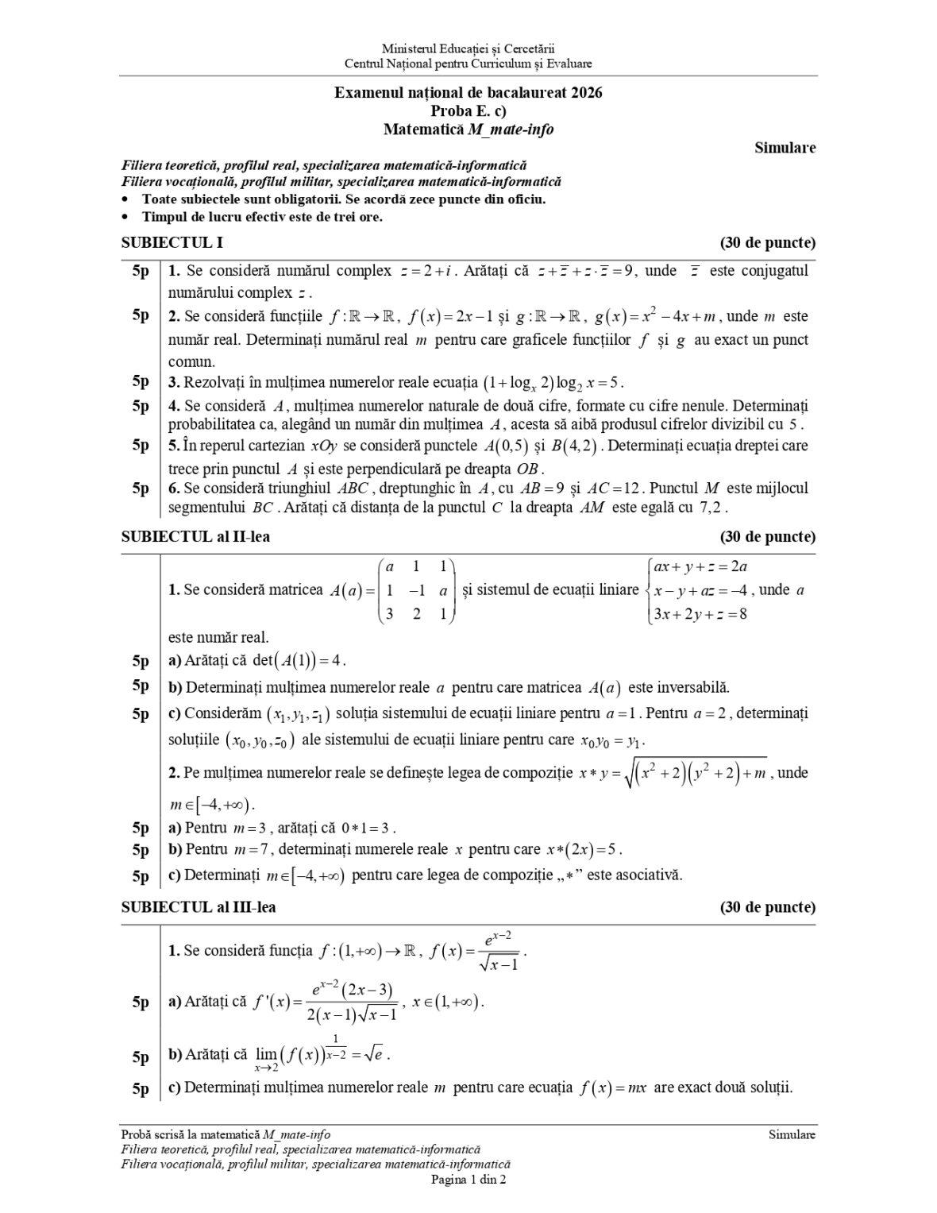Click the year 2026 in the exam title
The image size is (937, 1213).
[585, 93]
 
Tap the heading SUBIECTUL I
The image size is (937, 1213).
[166, 243]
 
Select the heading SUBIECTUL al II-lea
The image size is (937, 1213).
[195, 537]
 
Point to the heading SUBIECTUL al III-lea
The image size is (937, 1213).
[199, 907]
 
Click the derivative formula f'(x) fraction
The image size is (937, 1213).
[353, 1002]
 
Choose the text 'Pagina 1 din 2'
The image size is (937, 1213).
[468, 1180]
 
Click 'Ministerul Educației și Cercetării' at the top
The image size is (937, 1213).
[468, 49]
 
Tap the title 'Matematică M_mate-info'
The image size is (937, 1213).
[468, 129]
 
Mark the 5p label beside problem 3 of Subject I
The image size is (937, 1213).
[140, 381]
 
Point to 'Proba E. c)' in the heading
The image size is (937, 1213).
[468, 110]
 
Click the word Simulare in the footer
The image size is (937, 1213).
[792, 1135]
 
